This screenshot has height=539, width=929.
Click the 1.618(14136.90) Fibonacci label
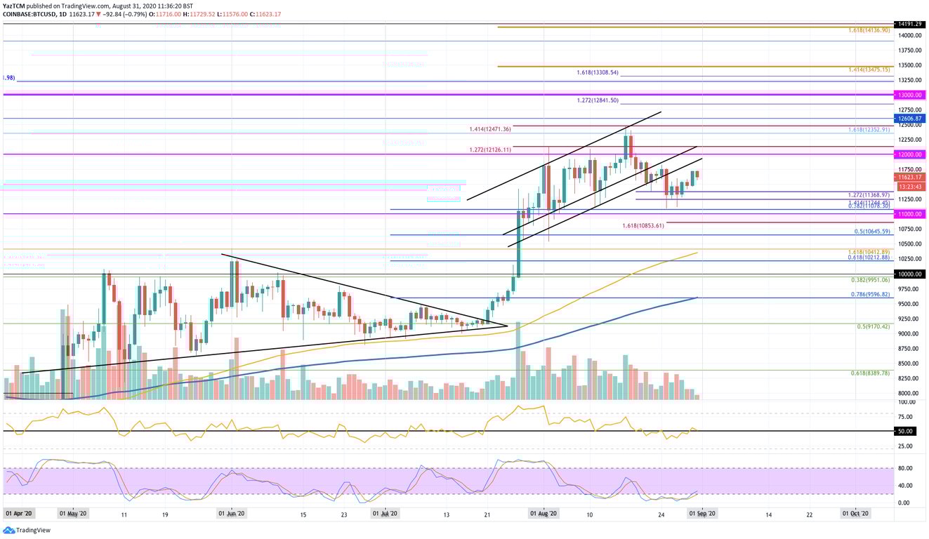pyautogui.click(x=869, y=31)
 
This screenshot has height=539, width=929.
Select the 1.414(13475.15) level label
pyautogui.click(x=869, y=70)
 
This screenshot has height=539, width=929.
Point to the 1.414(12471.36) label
pyautogui.click(x=491, y=129)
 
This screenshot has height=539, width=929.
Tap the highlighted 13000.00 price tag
pyautogui.click(x=908, y=94)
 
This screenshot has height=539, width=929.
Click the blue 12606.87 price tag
pyautogui.click(x=908, y=119)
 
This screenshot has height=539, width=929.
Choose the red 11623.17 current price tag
pyautogui.click(x=908, y=178)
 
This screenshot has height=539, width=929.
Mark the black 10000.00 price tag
pyautogui.click(x=908, y=274)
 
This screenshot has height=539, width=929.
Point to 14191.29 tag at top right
pyautogui.click(x=908, y=24)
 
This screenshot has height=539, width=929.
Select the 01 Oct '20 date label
pyautogui.click(x=856, y=514)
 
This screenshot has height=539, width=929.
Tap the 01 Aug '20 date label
pyautogui.click(x=543, y=514)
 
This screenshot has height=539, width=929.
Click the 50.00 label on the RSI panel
pyautogui.click(x=905, y=431)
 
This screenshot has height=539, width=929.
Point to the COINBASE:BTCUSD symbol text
pyautogui.click(x=28, y=13)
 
